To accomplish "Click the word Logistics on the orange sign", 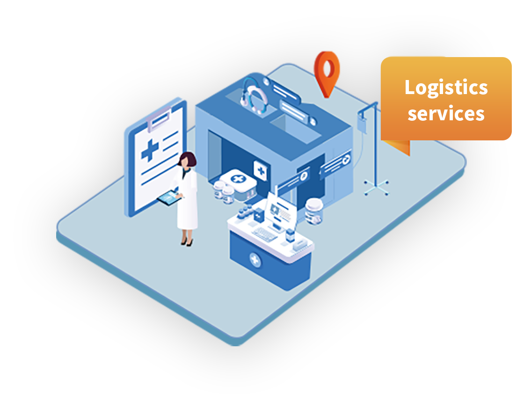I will tap(446, 88).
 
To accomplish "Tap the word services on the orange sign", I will tap(446, 114).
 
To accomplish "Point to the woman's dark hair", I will tap(188, 159).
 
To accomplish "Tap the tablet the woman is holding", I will tap(169, 198).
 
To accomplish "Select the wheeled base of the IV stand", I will tap(376, 188).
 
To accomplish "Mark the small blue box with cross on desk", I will tap(259, 216).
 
